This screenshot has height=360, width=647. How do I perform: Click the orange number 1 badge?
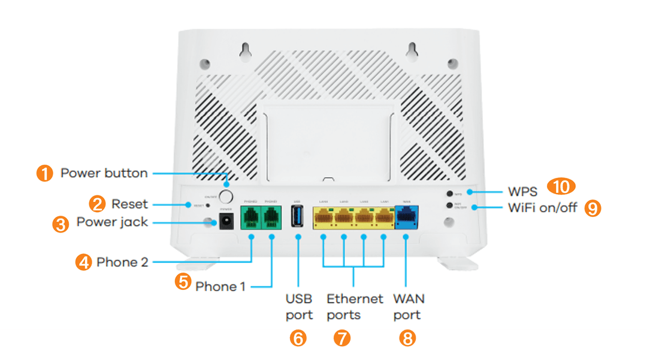tap(44, 174)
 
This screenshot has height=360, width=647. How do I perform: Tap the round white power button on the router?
tap(226, 196)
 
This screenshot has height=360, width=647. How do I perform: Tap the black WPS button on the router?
tap(449, 194)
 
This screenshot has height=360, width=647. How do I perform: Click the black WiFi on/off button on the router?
tap(449, 205)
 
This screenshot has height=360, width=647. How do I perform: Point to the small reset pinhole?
tap(207, 205)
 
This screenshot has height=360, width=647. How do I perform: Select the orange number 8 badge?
tap(407, 339)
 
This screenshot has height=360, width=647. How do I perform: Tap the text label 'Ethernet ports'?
tap(354, 306)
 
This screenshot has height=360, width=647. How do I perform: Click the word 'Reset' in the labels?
tap(129, 204)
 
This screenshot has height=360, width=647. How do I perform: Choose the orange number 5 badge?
tap(183, 282)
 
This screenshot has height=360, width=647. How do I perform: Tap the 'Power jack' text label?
tap(112, 222)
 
